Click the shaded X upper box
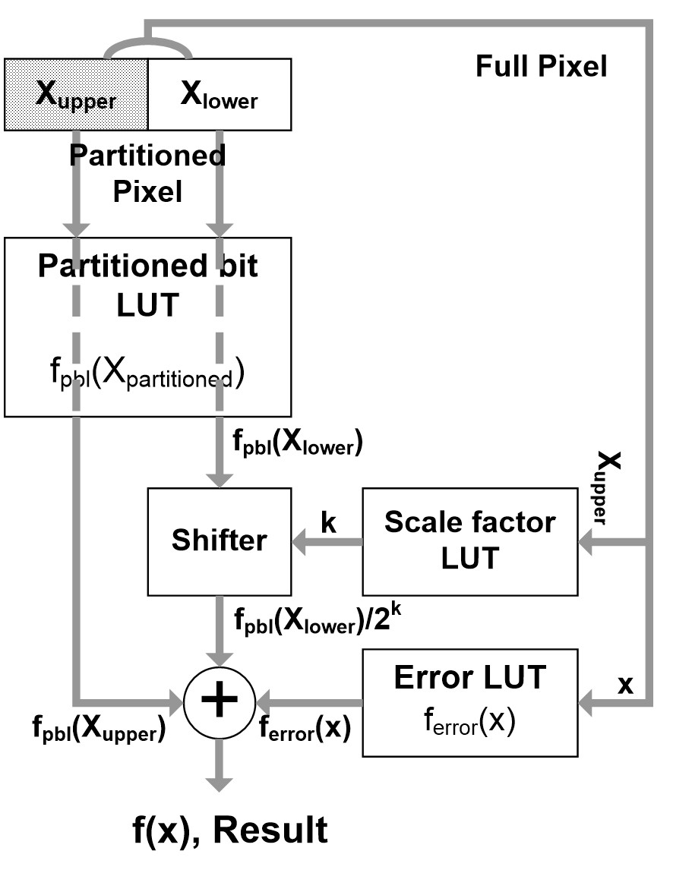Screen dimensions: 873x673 (x=76, y=93)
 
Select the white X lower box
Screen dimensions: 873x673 (x=219, y=93)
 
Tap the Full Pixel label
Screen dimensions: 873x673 (x=541, y=67)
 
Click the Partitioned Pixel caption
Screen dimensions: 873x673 (x=147, y=173)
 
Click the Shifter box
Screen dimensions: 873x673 (x=219, y=541)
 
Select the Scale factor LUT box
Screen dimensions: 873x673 (x=470, y=541)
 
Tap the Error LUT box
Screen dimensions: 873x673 (x=470, y=702)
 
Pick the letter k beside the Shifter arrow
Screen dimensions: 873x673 (x=328, y=525)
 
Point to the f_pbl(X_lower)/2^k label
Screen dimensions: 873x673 (x=317, y=619)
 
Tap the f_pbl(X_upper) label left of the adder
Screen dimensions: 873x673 (x=98, y=732)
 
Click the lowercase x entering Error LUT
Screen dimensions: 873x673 (x=624, y=684)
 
